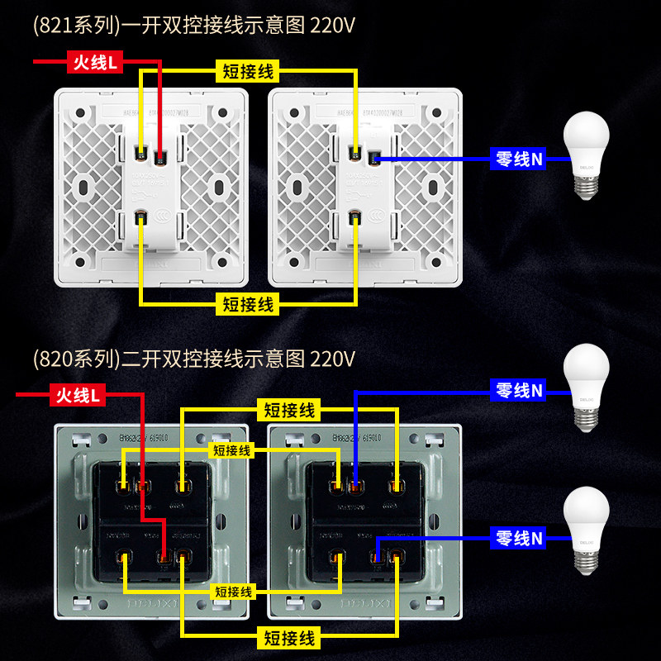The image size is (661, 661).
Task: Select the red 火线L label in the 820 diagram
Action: click(78, 396)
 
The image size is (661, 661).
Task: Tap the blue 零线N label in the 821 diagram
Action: click(518, 158)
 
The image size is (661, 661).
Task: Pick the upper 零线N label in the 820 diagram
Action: click(519, 389)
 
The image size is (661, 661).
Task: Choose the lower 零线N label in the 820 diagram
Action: click(519, 538)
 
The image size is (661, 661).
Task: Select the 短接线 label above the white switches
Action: click(248, 71)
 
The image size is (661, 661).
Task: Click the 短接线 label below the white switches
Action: click(248, 304)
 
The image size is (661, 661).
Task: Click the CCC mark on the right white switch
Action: click(381, 218)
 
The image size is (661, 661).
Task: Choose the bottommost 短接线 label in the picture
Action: click(289, 637)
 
